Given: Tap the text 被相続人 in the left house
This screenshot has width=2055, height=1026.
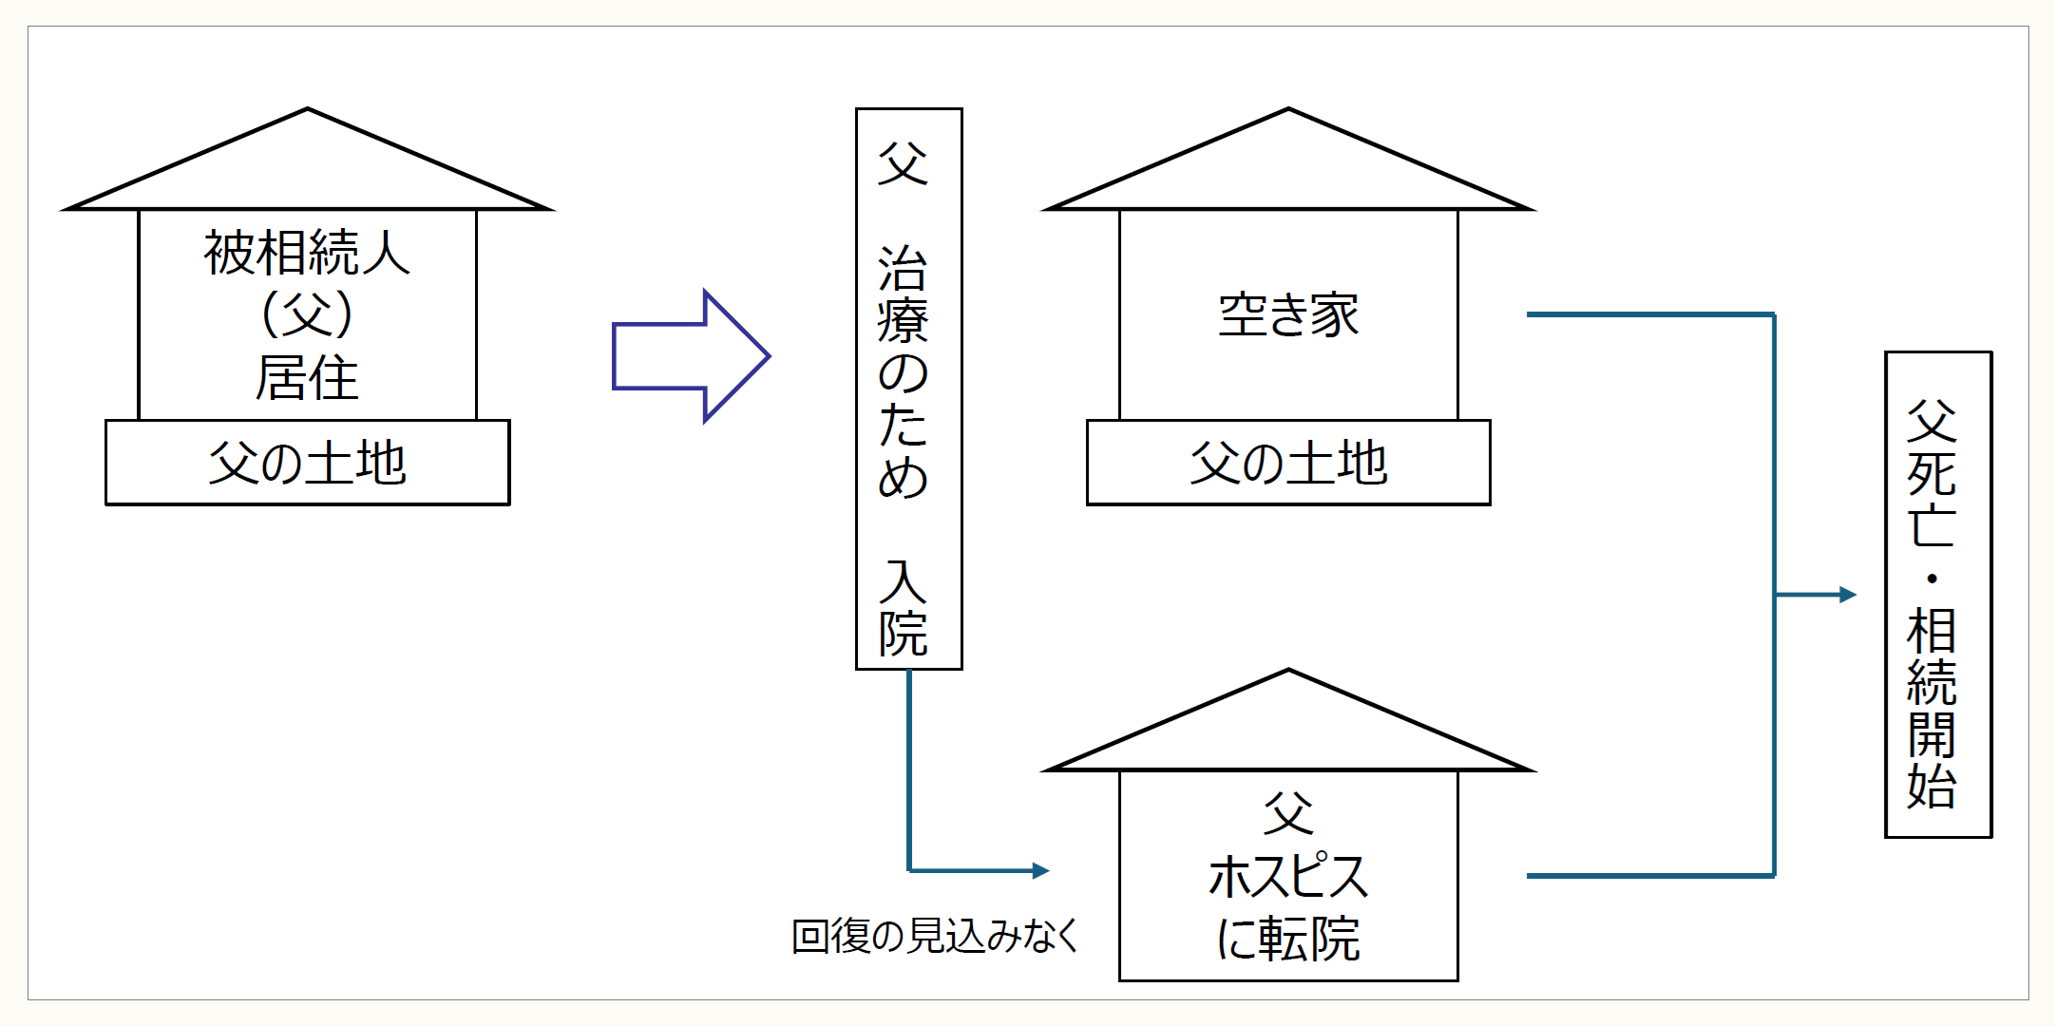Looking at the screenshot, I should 307,253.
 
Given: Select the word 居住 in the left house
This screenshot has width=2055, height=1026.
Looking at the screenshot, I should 307,377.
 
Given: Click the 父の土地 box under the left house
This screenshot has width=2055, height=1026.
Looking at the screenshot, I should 307,463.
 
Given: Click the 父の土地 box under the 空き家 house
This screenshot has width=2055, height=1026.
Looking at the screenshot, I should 1288,463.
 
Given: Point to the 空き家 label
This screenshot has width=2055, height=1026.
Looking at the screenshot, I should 1288,315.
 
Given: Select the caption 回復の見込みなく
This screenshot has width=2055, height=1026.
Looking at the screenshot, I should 936,936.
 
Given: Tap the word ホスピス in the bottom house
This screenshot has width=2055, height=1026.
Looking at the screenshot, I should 1288,876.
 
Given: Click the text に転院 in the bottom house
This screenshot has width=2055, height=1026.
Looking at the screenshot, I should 1288,939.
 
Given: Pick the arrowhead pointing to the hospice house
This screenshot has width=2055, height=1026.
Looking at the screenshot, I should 1041,870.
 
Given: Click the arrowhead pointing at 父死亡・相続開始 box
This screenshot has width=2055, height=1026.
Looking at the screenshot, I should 1848,595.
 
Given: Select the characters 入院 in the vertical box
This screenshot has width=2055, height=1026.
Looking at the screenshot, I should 903,608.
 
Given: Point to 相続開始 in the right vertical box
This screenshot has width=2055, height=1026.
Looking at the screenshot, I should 1931,708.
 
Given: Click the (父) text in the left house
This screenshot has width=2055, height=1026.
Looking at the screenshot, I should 307,314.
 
